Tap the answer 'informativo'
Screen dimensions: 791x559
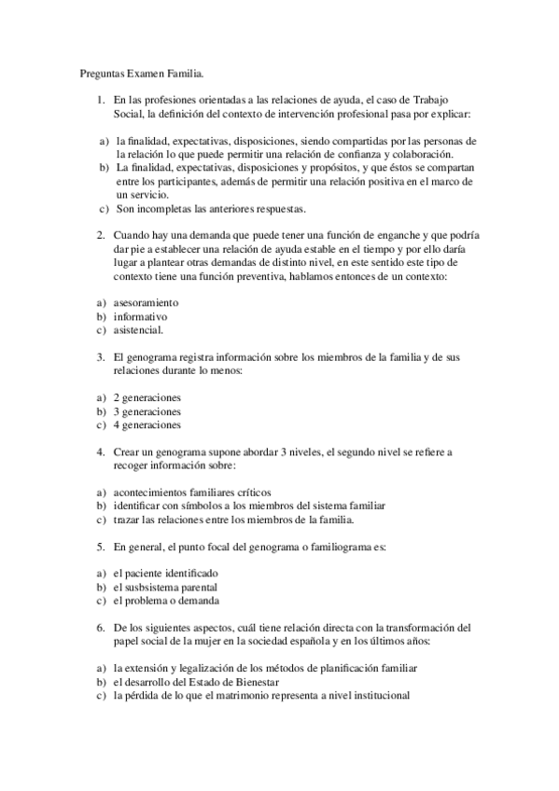click(x=141, y=316)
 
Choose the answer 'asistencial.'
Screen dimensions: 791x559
click(x=138, y=330)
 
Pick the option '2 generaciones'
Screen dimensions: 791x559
click(x=147, y=397)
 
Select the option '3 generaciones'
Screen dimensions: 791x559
click(x=147, y=411)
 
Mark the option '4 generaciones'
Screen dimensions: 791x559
click(x=147, y=424)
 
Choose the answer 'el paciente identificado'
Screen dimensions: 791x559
click(x=164, y=573)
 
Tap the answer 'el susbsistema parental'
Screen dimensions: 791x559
click(x=165, y=587)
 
